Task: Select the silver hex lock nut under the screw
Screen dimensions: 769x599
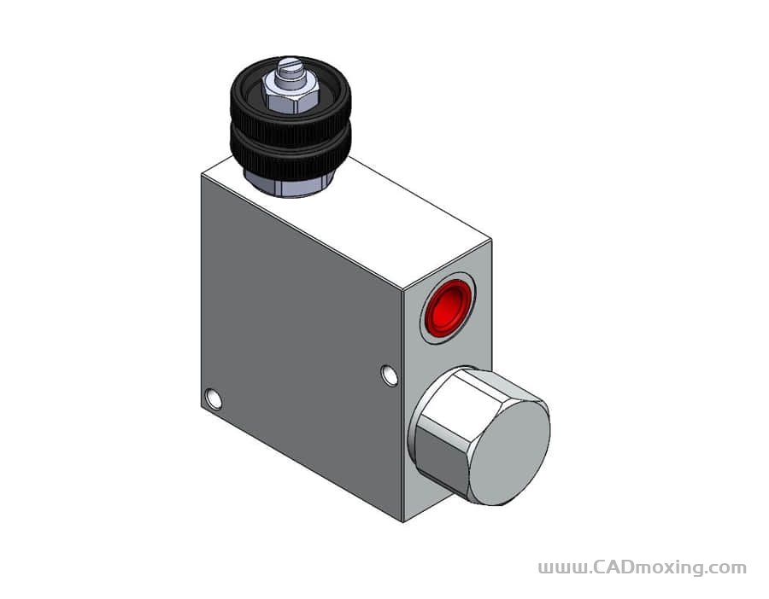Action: coord(291,93)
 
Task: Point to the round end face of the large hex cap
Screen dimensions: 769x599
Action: coord(509,453)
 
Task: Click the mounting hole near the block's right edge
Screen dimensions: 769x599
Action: coord(390,375)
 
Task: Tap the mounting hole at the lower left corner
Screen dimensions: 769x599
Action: coord(214,398)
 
